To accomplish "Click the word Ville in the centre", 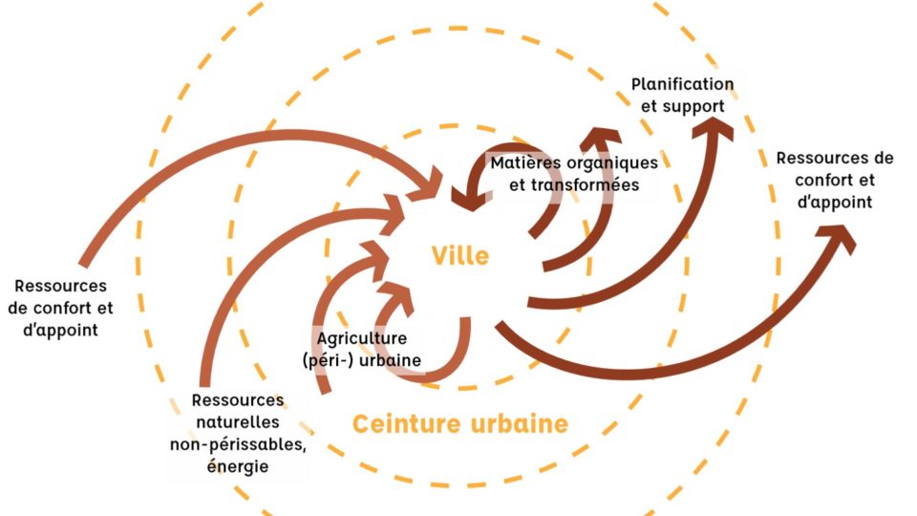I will pyautogui.click(x=459, y=256).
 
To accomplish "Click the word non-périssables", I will pyautogui.click(x=238, y=443).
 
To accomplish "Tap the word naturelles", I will pyautogui.click(x=237, y=421).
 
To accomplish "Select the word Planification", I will pyautogui.click(x=682, y=85).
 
